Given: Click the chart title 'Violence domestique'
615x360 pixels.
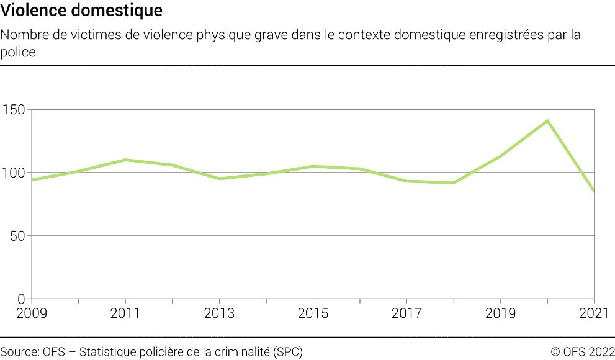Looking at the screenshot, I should [x=82, y=11].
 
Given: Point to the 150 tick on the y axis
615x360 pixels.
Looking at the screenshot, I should [x=15, y=110].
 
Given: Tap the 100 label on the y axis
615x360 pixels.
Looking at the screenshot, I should [x=15, y=173].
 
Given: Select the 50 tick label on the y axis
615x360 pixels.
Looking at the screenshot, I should [x=18, y=236].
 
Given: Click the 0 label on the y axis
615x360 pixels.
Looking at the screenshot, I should [x=21, y=299].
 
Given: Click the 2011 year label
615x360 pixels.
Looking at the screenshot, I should [x=125, y=313].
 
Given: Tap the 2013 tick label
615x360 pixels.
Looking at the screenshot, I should [x=219, y=313].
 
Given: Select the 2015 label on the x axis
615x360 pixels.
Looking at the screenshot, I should [x=313, y=313].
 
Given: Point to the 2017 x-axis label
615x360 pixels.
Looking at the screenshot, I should [x=406, y=313].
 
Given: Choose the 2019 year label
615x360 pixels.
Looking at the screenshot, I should [x=500, y=313].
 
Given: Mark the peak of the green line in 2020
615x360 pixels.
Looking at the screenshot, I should [x=547, y=121].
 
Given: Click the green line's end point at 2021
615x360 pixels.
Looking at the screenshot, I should [x=594, y=191].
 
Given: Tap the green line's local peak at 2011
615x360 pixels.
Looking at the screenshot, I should [x=125, y=160].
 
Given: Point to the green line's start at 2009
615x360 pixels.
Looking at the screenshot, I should [x=32, y=180].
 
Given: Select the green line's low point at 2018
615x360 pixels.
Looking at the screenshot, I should [x=454, y=182].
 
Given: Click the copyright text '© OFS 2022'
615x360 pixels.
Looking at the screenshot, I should [x=583, y=351].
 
